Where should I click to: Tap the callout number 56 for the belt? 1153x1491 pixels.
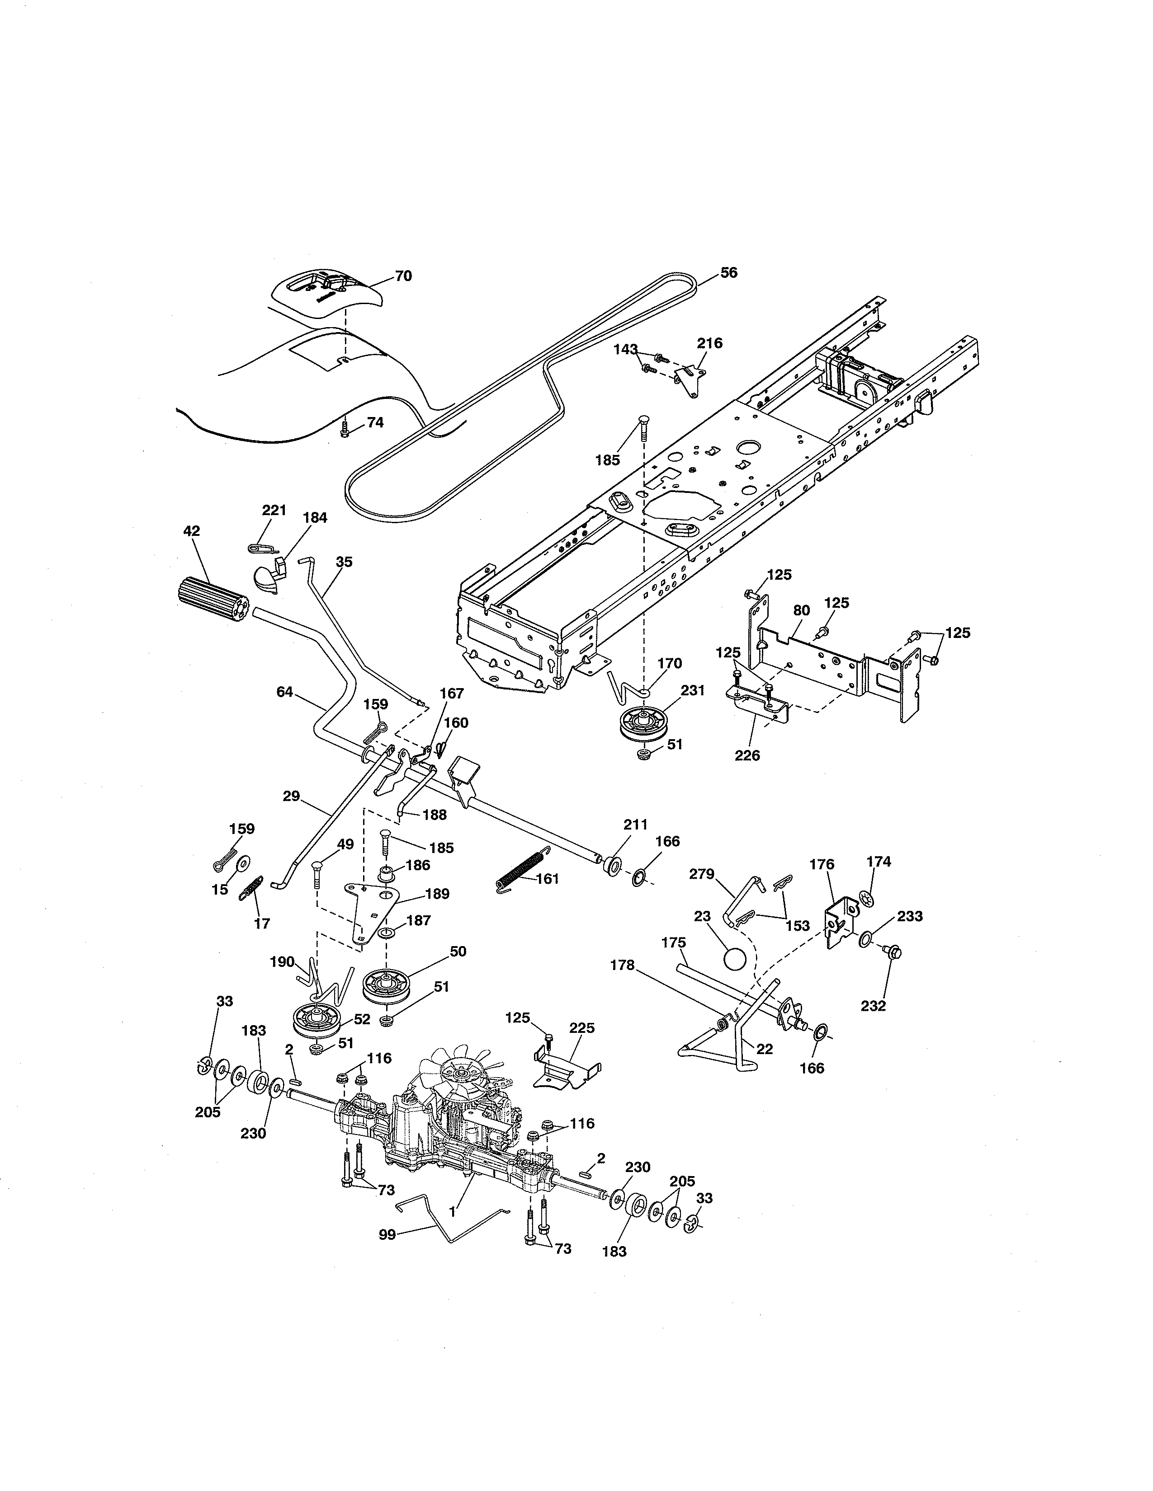tap(729, 273)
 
